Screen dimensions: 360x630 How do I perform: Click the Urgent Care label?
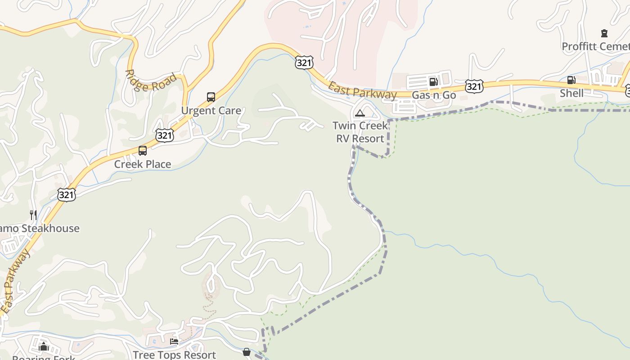point(211,110)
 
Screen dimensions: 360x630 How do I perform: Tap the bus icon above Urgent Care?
point(211,97)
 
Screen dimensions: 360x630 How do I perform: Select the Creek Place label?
point(143,164)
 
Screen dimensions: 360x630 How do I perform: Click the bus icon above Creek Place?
point(143,151)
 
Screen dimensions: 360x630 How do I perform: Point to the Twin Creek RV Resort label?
point(360,132)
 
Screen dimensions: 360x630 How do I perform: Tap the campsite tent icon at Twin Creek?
point(360,113)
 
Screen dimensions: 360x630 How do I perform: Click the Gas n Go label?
point(434,95)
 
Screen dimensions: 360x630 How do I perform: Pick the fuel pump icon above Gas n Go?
point(434,81)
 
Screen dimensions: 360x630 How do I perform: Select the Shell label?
point(571,93)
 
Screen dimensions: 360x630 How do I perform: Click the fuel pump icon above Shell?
point(571,80)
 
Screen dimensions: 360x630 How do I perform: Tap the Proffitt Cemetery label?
point(595,46)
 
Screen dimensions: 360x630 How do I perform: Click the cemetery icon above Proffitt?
point(604,33)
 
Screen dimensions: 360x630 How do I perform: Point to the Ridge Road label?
point(151,81)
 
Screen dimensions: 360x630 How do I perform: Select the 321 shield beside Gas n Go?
point(474,86)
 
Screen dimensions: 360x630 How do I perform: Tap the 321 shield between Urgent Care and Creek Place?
point(165,135)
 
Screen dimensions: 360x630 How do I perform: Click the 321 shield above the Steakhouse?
point(67,194)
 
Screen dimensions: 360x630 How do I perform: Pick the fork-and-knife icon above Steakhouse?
point(33,215)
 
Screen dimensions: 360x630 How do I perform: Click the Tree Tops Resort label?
point(175,355)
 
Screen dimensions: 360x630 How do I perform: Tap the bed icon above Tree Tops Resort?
point(174,342)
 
